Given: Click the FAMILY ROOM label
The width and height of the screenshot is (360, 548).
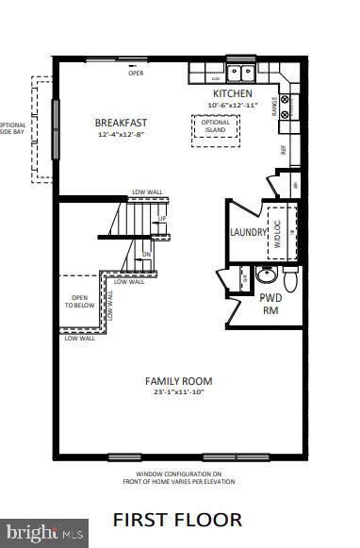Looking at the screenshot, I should click(x=178, y=381).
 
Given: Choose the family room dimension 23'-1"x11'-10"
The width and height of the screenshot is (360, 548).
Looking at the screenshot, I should click(x=178, y=392).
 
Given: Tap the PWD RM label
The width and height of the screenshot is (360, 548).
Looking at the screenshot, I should click(x=270, y=303).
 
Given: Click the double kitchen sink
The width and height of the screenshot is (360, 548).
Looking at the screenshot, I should click(x=237, y=72).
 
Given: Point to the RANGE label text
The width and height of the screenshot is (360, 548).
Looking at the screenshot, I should click(x=275, y=111).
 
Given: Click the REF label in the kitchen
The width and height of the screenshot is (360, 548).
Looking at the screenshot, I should click(x=282, y=149).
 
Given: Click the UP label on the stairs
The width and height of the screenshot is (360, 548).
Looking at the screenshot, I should click(x=162, y=219).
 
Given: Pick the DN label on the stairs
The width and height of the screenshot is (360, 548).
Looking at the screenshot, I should click(x=147, y=254).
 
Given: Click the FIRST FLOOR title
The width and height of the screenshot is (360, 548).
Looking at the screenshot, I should click(x=178, y=520).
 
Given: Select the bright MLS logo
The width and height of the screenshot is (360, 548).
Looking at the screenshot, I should click(x=44, y=533).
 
